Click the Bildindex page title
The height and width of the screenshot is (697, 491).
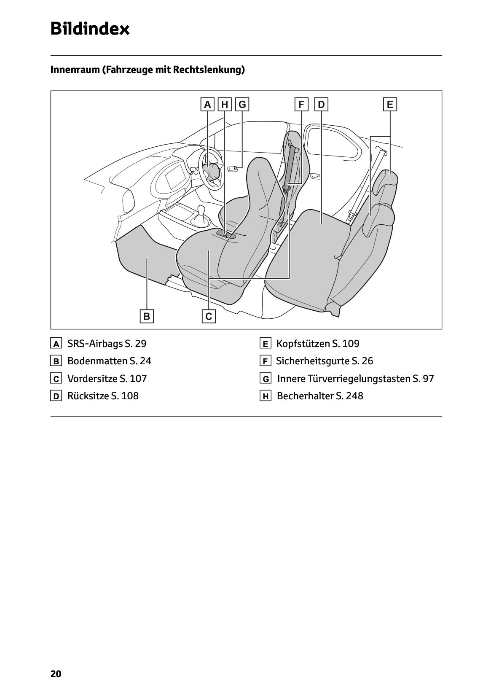[90, 29]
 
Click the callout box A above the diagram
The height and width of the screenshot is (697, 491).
[207, 105]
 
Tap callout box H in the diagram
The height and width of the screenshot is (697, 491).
[225, 105]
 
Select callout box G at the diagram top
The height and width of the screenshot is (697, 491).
[242, 105]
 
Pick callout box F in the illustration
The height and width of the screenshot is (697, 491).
[301, 105]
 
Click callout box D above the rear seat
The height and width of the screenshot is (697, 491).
[321, 105]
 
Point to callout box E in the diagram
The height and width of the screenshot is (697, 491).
[390, 105]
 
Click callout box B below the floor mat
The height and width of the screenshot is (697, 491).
[147, 316]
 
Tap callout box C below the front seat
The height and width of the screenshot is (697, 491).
[209, 316]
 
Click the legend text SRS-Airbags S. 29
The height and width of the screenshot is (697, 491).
[107, 344]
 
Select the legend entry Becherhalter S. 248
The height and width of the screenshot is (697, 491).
[319, 396]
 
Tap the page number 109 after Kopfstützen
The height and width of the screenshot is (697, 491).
[351, 344]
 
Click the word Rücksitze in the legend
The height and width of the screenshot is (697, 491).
[88, 396]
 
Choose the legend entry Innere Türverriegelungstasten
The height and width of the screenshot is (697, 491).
[343, 379]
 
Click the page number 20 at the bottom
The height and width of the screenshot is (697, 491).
[56, 674]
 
